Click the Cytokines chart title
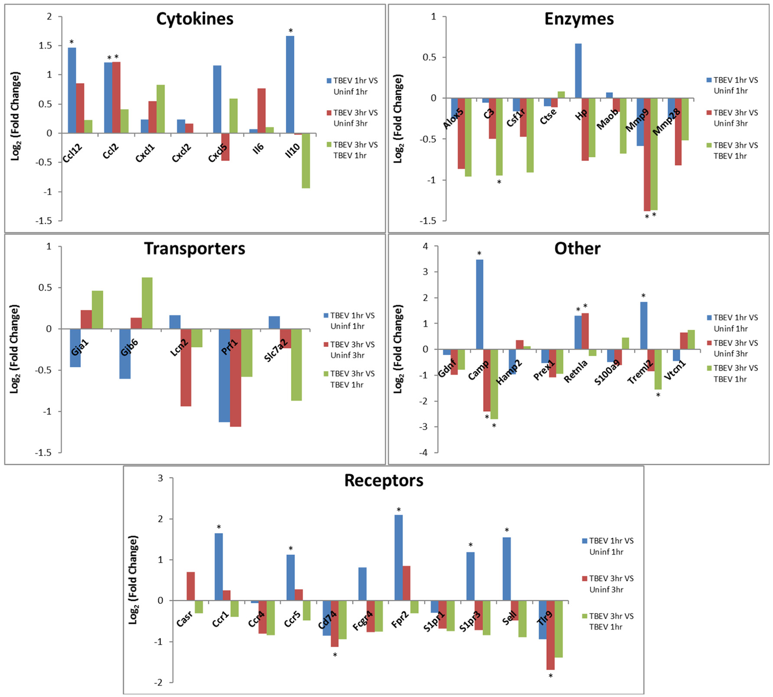[195, 19]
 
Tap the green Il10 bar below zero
[306, 160]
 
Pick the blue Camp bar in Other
[479, 304]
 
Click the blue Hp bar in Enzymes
[578, 71]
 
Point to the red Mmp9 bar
[647, 154]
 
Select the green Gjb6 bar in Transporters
[147, 303]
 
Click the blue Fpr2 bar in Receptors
[398, 557]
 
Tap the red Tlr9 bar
[550, 635]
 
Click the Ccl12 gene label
[73, 153]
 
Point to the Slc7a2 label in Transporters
[276, 350]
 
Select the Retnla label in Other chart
[575, 371]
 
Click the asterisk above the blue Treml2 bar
[643, 296]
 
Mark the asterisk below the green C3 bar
[499, 182]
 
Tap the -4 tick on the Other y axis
[423, 452]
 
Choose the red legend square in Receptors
[585, 579]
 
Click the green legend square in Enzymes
[709, 145]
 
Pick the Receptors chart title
[383, 481]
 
